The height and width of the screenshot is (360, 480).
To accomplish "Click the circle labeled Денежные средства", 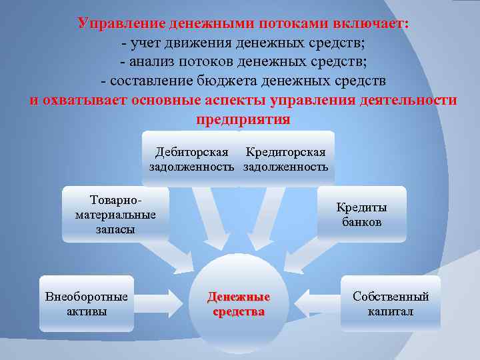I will click(238, 303).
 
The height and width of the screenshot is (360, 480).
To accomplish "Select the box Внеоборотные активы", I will click(87, 303).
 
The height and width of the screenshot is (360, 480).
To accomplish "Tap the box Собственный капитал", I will click(391, 303).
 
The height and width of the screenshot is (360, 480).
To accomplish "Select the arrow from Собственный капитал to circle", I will click(313, 303).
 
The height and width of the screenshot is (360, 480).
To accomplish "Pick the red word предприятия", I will click(243, 120).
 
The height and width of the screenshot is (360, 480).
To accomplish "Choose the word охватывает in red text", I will click(86, 101).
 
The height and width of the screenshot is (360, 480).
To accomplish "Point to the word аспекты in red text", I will click(236, 101).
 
